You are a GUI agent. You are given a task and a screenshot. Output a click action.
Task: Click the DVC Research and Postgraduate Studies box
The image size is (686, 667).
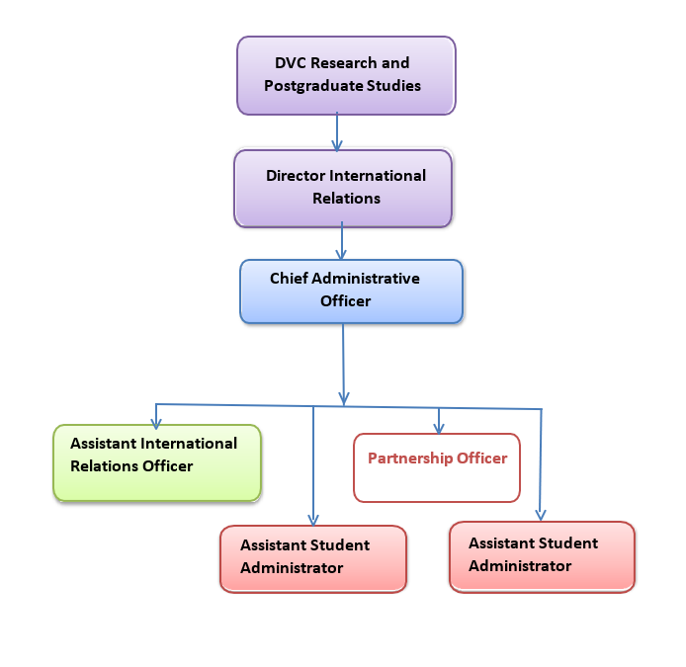(x=346, y=76)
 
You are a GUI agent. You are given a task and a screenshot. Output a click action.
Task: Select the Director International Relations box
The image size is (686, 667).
(x=343, y=189)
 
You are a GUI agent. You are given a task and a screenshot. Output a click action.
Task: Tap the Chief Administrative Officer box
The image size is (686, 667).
(x=351, y=292)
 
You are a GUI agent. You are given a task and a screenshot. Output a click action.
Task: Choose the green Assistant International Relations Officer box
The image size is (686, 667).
(x=157, y=462)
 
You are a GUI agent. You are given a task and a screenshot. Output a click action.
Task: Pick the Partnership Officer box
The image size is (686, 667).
(x=437, y=467)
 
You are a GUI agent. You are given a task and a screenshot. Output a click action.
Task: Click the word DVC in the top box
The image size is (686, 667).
(x=291, y=63)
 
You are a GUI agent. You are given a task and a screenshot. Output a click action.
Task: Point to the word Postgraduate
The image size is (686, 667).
(x=313, y=86)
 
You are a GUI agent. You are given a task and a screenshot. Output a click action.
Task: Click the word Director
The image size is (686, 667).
(x=296, y=176)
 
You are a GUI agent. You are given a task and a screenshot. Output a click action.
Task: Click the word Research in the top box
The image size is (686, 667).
(x=343, y=63)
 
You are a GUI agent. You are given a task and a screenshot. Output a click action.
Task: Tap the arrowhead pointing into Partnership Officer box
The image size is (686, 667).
(x=439, y=428)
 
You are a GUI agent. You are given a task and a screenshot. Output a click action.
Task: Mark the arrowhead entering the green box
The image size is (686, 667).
(x=156, y=423)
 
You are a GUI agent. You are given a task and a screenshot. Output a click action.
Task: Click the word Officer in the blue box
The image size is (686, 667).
(x=346, y=301)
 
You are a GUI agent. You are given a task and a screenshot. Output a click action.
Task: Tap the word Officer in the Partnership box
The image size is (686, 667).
(x=482, y=459)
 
